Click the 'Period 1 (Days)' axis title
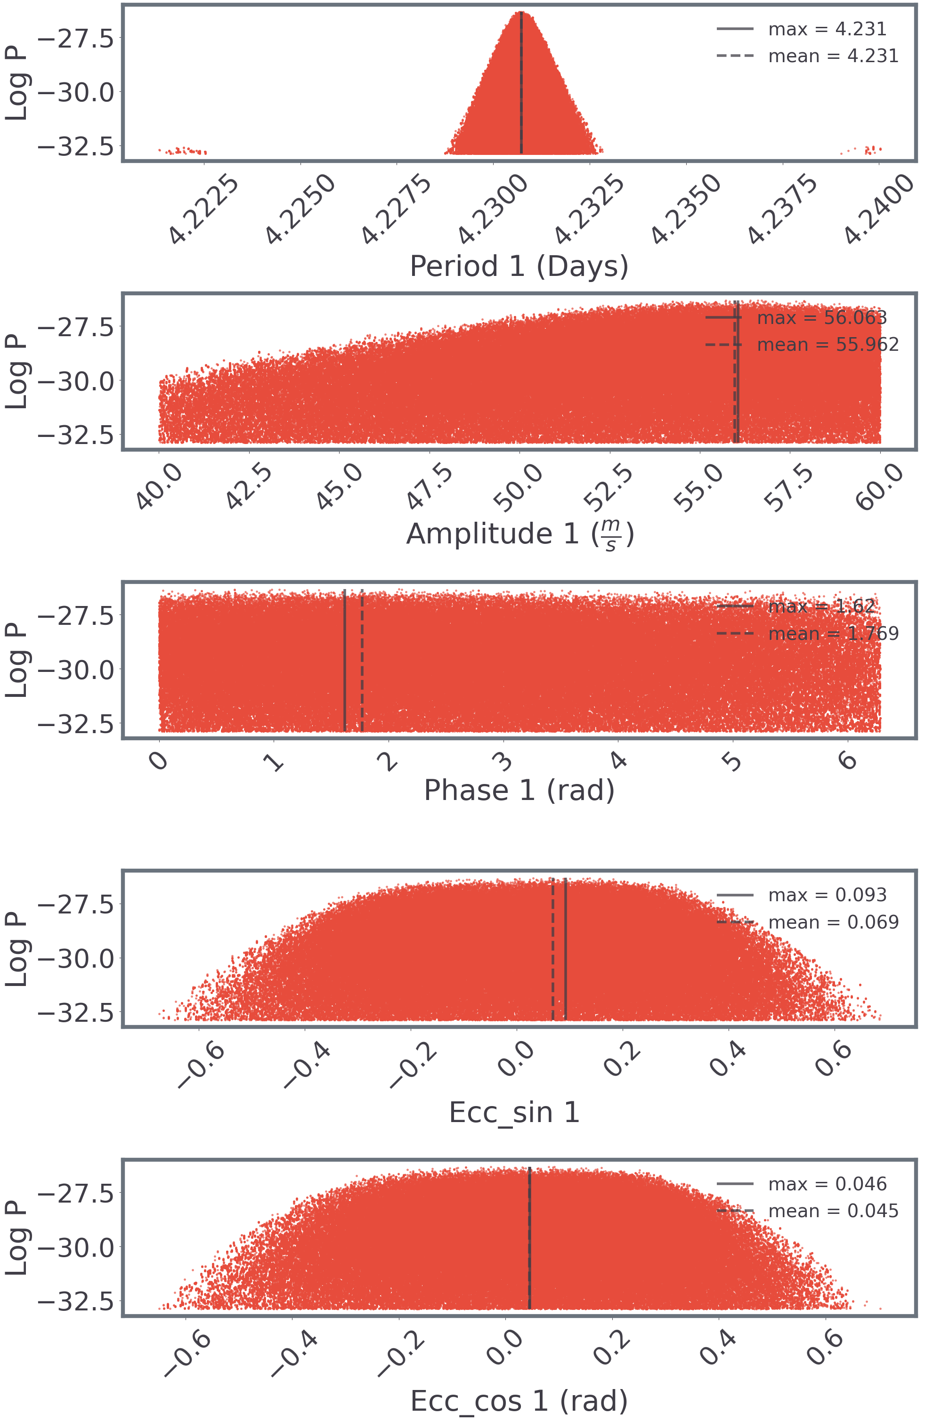point(519,267)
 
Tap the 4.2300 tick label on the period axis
point(494,209)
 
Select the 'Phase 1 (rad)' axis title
point(519,791)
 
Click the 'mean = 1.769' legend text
point(833,633)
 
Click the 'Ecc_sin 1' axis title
point(514,1113)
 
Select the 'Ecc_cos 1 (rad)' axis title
point(519,1401)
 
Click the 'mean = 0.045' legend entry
point(833,1211)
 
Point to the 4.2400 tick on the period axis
point(879,209)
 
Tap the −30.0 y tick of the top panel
point(76,93)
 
